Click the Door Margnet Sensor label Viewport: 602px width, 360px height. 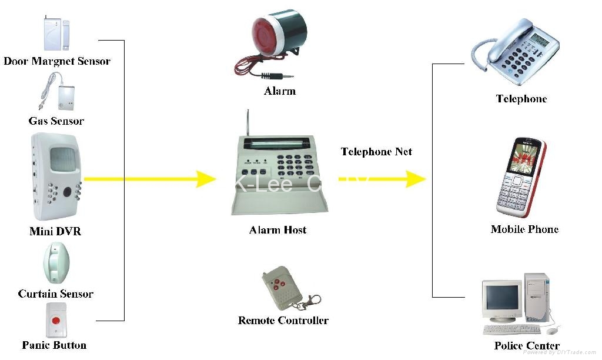click(57, 61)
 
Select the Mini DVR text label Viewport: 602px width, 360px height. click(55, 231)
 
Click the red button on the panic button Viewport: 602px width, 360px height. click(56, 321)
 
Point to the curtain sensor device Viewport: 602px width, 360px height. click(56, 264)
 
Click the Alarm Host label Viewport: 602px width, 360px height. click(277, 230)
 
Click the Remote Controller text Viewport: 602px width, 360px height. click(283, 321)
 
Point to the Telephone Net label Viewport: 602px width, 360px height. click(376, 152)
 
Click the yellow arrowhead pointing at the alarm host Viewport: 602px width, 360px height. click(206, 178)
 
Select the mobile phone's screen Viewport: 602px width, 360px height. click(520, 158)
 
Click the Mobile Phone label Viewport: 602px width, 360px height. click(524, 229)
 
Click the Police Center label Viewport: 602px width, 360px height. click(527, 346)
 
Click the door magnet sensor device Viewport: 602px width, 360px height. click(54, 33)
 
